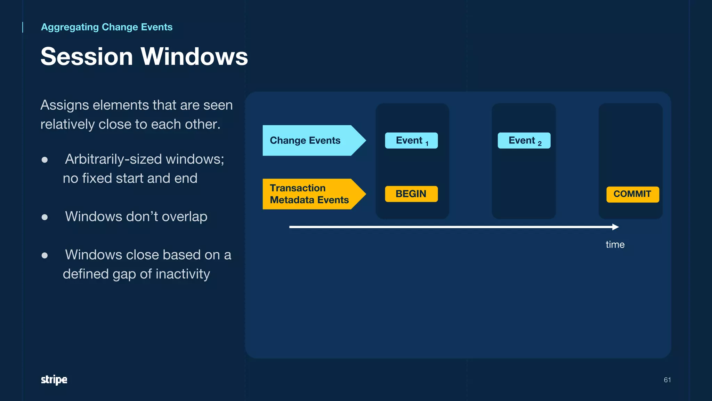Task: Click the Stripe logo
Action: pyautogui.click(x=54, y=379)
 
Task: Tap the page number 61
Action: pyautogui.click(x=667, y=380)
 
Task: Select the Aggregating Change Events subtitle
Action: pyautogui.click(x=107, y=27)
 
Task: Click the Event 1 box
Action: pyautogui.click(x=411, y=141)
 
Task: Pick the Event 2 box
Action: pyautogui.click(x=524, y=141)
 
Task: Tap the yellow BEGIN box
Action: pyautogui.click(x=411, y=194)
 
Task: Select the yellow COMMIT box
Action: pyautogui.click(x=632, y=194)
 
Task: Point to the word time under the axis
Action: pyautogui.click(x=615, y=244)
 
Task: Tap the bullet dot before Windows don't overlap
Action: pyautogui.click(x=44, y=217)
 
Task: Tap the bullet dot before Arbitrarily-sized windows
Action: pyautogui.click(x=44, y=160)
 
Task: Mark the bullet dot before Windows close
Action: pyautogui.click(x=44, y=255)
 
